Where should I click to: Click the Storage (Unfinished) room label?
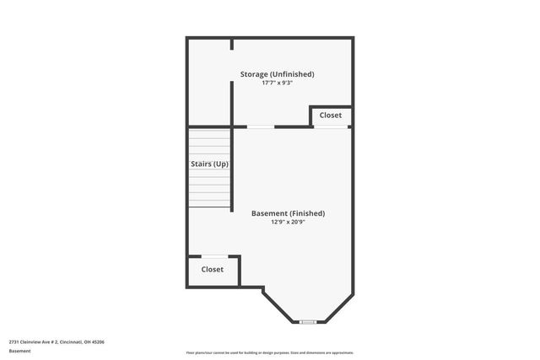point(277,74)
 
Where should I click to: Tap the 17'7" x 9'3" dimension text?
point(277,83)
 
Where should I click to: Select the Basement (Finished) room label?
point(288,213)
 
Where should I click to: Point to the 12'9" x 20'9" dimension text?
point(288,223)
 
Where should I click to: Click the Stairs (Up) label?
point(209,164)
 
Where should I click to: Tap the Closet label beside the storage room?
point(331,115)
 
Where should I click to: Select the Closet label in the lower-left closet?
point(213,269)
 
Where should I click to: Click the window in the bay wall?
point(308,321)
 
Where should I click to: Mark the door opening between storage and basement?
point(261,126)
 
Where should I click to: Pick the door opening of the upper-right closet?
point(331,126)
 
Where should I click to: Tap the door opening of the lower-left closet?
point(213,256)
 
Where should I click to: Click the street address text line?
point(57,341)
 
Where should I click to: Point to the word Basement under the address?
point(19,351)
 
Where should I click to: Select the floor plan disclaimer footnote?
point(270,352)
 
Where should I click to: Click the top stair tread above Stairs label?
point(209,132)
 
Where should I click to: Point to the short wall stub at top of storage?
point(232,44)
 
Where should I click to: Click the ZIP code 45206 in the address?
point(97,341)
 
